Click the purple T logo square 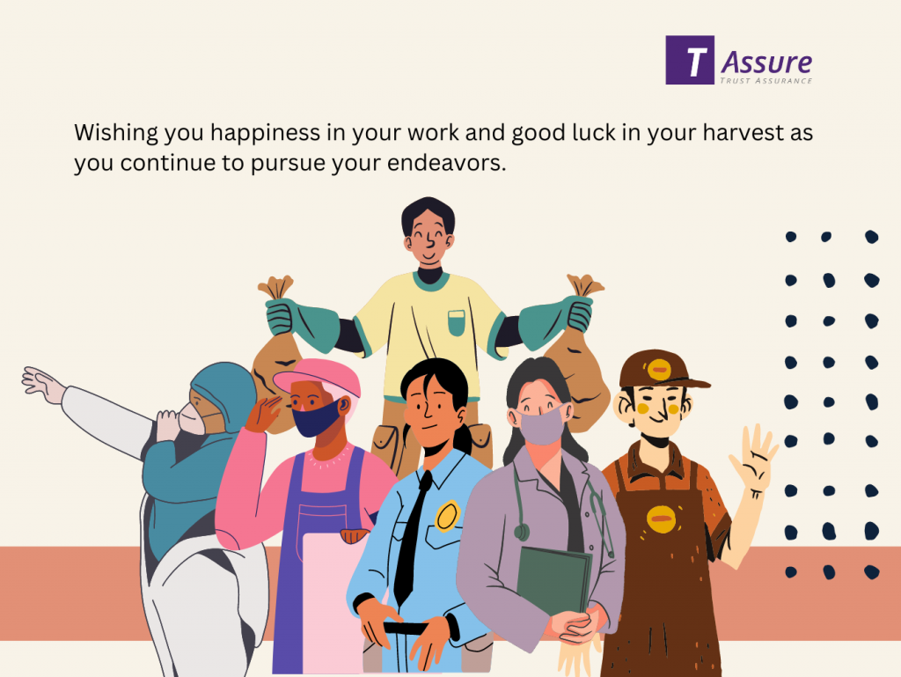click(690, 60)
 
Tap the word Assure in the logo click(766, 63)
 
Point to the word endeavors click(446, 163)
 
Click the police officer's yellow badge click(447, 516)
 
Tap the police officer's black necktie click(412, 537)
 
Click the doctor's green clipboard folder click(554, 581)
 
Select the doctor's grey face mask click(541, 424)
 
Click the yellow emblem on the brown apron click(660, 519)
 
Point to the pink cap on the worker click(317, 377)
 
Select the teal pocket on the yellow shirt click(457, 323)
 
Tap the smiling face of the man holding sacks click(429, 237)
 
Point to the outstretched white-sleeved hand click(42, 383)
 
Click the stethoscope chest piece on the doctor click(521, 532)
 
